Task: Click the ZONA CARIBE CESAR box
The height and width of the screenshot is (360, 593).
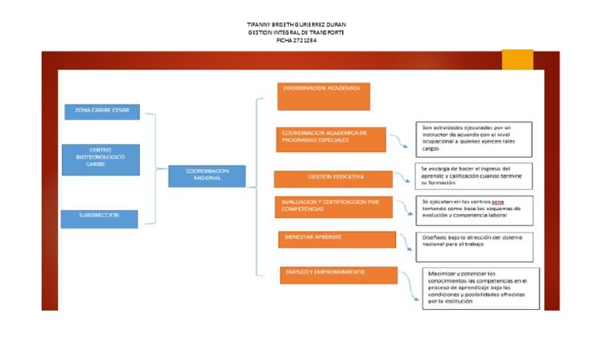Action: (x=102, y=112)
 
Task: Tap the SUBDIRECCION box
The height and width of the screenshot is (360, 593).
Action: (x=100, y=219)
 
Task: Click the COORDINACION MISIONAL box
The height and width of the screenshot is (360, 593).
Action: (x=207, y=176)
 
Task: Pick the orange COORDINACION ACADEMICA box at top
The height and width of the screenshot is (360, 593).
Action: (x=324, y=97)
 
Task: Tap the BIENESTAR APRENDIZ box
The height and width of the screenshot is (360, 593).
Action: (x=337, y=239)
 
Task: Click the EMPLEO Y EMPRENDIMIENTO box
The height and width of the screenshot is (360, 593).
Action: (x=339, y=275)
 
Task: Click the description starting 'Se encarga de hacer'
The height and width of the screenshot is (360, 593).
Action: (x=473, y=176)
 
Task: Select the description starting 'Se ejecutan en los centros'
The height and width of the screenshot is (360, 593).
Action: (x=473, y=209)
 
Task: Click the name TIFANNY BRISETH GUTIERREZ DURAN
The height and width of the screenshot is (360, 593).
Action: (x=296, y=25)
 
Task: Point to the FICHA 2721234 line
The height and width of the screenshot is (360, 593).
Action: (x=296, y=40)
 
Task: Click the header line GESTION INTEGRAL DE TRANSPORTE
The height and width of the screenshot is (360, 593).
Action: (x=296, y=32)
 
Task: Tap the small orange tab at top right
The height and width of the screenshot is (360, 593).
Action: (x=517, y=59)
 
